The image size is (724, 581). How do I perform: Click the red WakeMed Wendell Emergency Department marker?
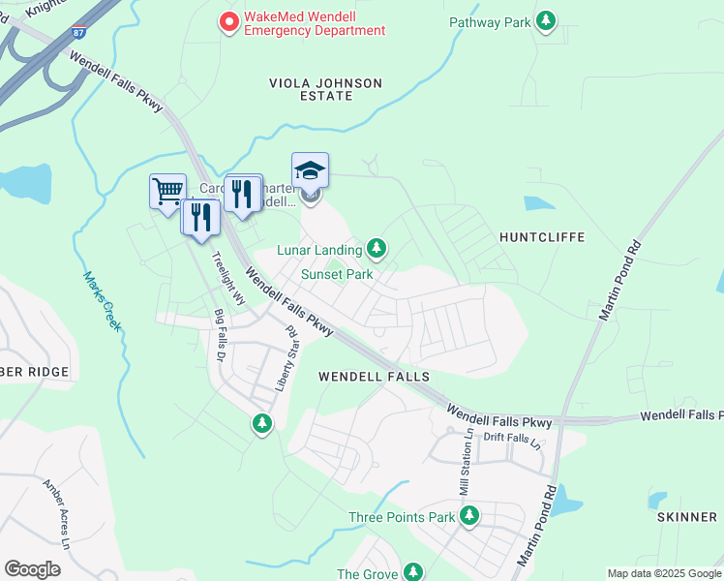[229, 21]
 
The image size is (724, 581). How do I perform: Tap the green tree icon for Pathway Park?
[547, 20]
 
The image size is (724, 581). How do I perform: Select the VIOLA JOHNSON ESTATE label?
[325, 90]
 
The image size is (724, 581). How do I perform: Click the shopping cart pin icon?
[167, 190]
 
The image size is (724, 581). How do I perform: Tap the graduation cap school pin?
[310, 170]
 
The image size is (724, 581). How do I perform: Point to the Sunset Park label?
[336, 274]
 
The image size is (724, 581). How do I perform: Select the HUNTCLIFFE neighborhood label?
[539, 236]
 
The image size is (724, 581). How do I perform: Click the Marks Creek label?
[102, 300]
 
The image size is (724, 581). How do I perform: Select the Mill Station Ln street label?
[462, 461]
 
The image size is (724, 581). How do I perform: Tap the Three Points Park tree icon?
[469, 516]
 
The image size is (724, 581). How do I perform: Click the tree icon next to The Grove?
[413, 573]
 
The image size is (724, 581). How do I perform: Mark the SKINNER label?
[686, 517]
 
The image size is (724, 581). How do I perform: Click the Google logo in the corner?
[33, 569]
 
